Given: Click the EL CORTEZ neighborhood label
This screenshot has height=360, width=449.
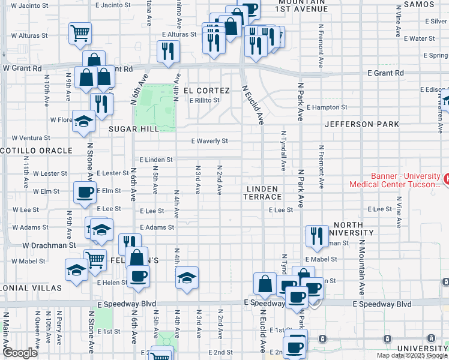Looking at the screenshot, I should (x=206, y=91).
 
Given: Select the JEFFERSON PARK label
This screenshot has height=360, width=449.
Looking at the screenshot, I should (x=361, y=125).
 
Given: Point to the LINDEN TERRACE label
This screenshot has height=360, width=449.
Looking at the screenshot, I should (x=263, y=193).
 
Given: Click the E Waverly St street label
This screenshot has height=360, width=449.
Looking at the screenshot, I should (x=209, y=142).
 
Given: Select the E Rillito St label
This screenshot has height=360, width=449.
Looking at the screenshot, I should (x=205, y=100).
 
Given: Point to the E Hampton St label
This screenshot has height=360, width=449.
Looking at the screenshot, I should (x=327, y=108).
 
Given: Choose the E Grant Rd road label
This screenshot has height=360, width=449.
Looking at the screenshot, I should (x=385, y=73).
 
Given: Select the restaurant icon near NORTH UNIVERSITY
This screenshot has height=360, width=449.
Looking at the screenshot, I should (x=316, y=235).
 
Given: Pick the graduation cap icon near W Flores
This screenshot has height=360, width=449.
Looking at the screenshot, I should (x=83, y=121).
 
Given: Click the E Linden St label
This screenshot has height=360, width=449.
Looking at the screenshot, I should (x=156, y=160).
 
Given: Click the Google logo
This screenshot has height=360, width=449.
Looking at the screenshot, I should (x=19, y=353).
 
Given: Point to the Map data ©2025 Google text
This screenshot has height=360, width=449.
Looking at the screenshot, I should (x=412, y=355).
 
